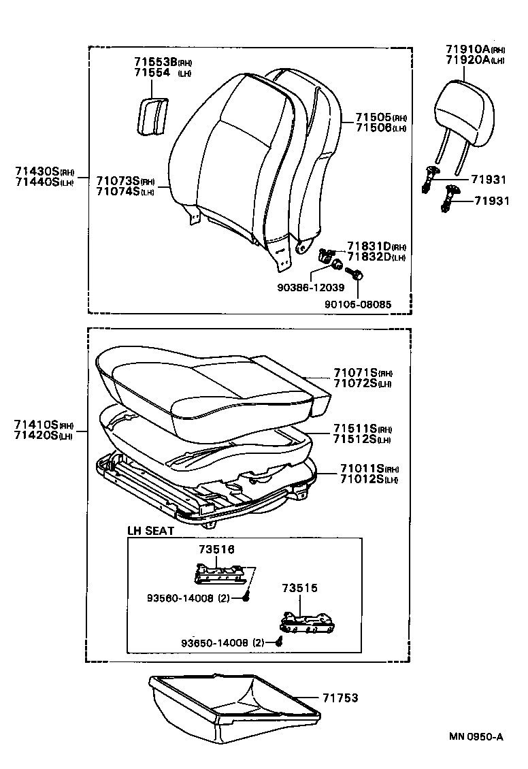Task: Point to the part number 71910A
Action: [x=467, y=50]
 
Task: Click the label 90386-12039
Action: [x=310, y=288]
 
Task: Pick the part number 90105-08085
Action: [x=358, y=304]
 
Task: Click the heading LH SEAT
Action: [x=151, y=530]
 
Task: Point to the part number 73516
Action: [x=215, y=549]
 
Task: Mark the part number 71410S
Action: [x=36, y=425]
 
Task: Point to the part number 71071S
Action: [x=356, y=373]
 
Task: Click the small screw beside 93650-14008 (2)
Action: [x=279, y=640]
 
